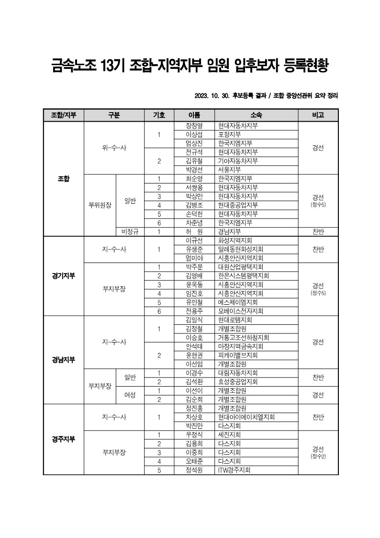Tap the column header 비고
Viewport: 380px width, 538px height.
[318, 115]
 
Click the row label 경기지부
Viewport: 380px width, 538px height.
[64, 276]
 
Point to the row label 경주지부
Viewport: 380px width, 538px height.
[64, 439]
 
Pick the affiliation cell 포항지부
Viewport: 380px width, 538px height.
[230, 135]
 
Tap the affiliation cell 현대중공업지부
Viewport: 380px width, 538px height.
[238, 205]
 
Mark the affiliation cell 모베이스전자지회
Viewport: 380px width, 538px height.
[241, 311]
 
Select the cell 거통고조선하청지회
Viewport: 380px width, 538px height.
[243, 337]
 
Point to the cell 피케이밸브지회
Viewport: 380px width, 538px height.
[238, 355]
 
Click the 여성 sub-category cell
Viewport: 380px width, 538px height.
[130, 395]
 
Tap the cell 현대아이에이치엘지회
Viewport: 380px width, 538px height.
[246, 417]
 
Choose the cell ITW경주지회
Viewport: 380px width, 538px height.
[235, 470]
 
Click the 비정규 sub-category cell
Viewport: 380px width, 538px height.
[130, 231]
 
